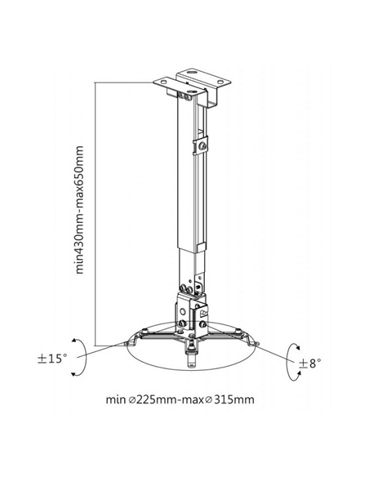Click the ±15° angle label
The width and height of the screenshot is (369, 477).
pyautogui.click(x=51, y=359)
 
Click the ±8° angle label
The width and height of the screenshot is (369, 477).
pyautogui.click(x=309, y=363)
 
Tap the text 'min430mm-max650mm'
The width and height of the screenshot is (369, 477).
pyautogui.click(x=79, y=210)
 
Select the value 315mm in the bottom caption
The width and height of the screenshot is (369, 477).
pyautogui.click(x=234, y=399)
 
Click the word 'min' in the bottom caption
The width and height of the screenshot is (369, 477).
pyautogui.click(x=115, y=399)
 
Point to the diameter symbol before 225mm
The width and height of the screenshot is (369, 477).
pyautogui.click(x=132, y=399)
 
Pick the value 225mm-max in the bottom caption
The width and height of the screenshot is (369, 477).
pyautogui.click(x=169, y=399)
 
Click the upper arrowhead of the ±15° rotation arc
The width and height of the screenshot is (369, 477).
pyautogui.click(x=73, y=341)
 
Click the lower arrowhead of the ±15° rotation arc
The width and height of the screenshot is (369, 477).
pyautogui.click(x=73, y=374)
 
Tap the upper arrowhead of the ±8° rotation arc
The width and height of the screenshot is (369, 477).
pyautogui.click(x=298, y=348)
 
